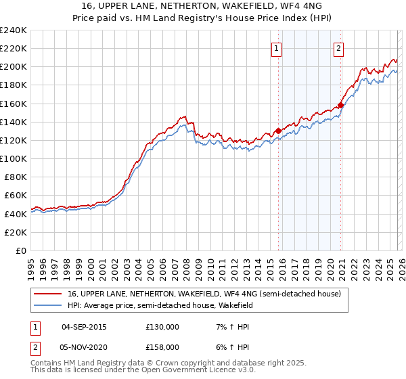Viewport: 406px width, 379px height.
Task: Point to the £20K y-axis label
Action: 15,232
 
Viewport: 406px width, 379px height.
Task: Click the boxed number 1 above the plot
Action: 277,47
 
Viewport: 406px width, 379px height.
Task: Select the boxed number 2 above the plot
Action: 338,47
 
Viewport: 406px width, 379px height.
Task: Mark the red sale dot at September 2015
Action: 278,131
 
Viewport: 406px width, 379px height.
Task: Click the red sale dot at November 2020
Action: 340,105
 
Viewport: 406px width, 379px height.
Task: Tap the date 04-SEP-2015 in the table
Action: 84,327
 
